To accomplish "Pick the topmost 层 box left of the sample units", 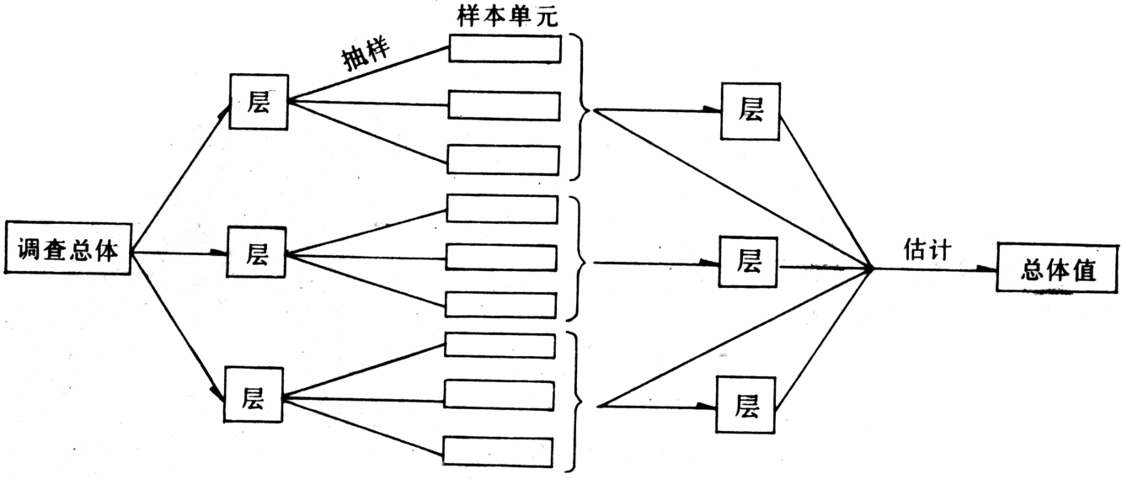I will click(x=258, y=102).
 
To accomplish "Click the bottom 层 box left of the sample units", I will click(x=252, y=397).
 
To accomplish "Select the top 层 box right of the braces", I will click(x=751, y=110).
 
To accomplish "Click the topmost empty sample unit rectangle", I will click(x=505, y=48).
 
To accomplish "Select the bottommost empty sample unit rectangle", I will click(x=498, y=451).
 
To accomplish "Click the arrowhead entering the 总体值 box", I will click(x=987, y=269).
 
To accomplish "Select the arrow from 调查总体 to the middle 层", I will click(x=181, y=253).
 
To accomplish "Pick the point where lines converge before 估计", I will click(x=872, y=269).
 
